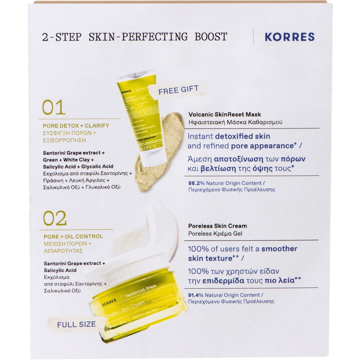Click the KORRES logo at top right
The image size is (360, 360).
(289, 37)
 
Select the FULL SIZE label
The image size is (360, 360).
(76, 324)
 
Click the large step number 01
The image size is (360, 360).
(54, 107)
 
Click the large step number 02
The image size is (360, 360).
(55, 218)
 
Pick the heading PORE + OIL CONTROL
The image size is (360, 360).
(73, 237)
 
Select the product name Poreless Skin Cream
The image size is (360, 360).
(217, 226)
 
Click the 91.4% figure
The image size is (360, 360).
(196, 295)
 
